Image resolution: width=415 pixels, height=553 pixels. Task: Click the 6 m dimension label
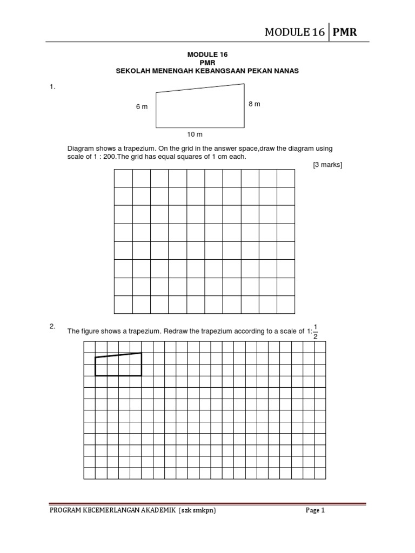[x=142, y=107]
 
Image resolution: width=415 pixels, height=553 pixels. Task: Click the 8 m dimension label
[x=254, y=104]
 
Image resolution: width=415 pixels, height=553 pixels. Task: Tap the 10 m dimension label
[x=195, y=134]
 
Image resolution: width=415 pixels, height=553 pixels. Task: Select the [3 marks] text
[x=327, y=165]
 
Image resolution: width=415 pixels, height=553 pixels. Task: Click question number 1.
[x=52, y=87]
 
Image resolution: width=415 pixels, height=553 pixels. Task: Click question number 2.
[x=52, y=326]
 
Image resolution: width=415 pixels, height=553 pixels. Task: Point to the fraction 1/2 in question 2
[x=316, y=332]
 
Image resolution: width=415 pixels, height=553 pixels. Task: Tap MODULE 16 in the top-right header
[x=294, y=32]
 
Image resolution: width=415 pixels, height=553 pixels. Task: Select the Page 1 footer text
[x=315, y=510]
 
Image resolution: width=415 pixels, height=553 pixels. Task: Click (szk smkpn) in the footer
[x=197, y=510]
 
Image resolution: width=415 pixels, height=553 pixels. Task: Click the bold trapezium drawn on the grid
[x=118, y=365]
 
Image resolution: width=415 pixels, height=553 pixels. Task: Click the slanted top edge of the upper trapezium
[x=200, y=88]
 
